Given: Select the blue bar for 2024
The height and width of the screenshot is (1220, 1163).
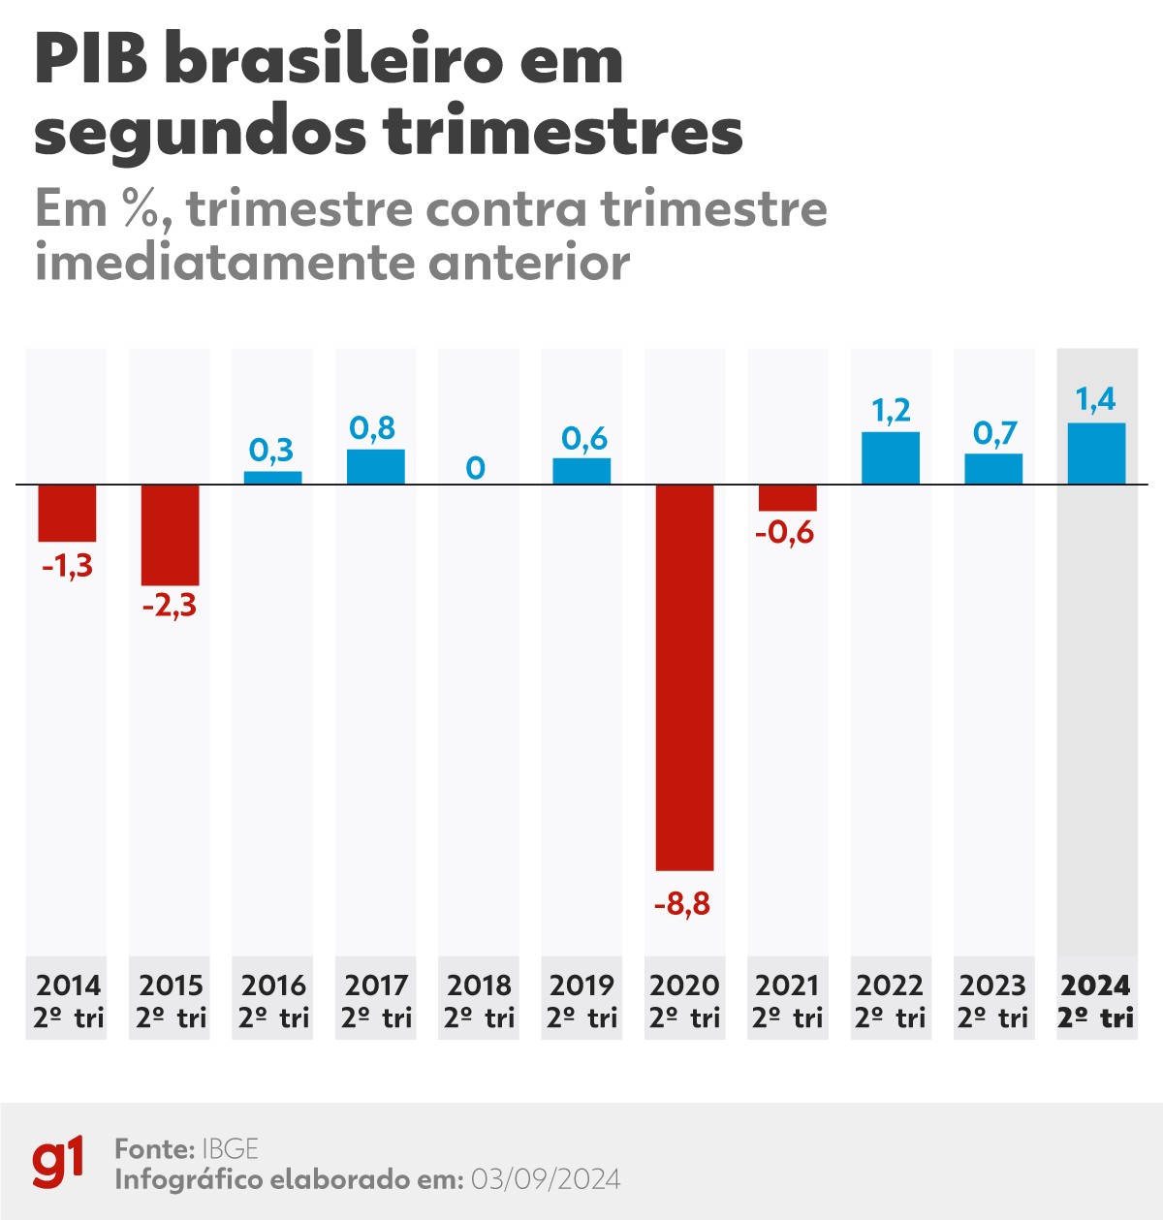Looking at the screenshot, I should (1096, 454).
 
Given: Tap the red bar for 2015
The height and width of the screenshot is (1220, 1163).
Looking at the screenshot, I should (171, 535).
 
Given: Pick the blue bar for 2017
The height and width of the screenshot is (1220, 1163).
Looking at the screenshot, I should (376, 467).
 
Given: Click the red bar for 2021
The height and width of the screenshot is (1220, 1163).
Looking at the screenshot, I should (787, 497).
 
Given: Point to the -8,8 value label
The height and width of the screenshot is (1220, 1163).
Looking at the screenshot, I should (682, 904).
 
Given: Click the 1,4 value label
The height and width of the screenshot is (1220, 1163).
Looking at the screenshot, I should (1096, 398).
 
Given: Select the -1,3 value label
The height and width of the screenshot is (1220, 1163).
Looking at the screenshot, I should (68, 565).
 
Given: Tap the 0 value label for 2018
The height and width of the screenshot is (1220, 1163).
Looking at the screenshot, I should (475, 468).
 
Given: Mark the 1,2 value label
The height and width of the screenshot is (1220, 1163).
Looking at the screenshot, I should (891, 411).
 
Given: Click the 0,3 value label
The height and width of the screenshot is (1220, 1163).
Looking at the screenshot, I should (271, 450).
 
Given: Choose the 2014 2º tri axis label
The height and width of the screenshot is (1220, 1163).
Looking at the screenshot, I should (68, 1000).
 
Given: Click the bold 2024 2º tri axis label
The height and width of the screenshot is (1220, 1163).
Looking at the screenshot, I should (1096, 1000).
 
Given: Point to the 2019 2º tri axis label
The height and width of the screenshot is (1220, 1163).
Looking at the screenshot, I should (581, 1000).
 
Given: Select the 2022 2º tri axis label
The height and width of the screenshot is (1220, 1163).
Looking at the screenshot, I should (891, 1000).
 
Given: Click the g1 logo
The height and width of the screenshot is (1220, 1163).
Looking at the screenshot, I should (58, 1163).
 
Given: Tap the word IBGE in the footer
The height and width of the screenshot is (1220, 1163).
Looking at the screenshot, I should (230, 1149).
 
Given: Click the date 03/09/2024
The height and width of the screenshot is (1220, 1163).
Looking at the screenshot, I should (546, 1179).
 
